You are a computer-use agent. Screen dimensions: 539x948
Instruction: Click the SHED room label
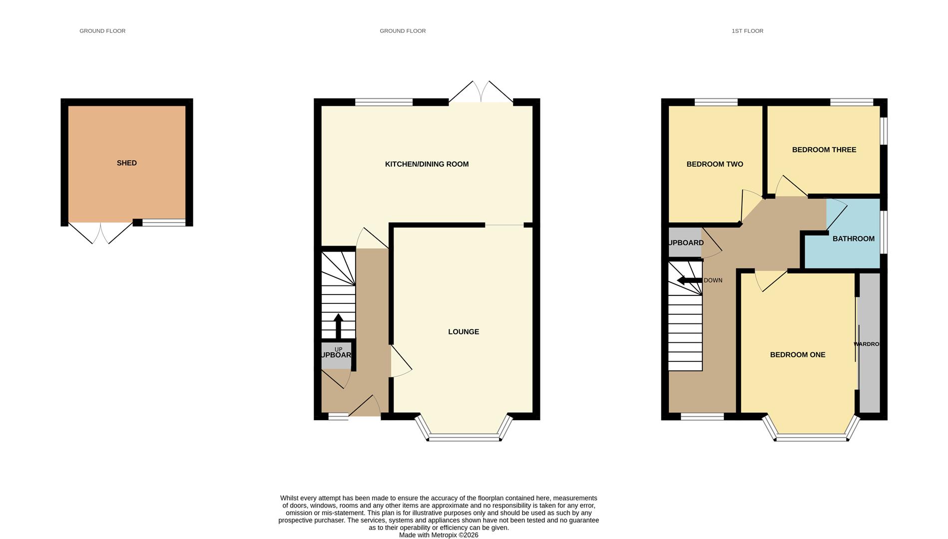126,163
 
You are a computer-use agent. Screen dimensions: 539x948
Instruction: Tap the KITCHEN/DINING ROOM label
427,164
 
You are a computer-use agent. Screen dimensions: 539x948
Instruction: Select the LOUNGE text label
464,332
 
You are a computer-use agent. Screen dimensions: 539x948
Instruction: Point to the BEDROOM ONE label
797,355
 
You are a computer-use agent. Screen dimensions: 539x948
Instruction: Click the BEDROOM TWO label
714,164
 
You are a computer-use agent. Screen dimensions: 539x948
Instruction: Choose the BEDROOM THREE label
824,150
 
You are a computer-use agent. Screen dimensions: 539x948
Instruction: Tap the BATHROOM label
853,239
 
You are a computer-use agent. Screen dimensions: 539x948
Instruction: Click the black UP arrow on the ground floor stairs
338,325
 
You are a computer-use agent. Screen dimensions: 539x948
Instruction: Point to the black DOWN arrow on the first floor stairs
689,280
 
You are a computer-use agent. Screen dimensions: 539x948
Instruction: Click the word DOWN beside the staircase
713,280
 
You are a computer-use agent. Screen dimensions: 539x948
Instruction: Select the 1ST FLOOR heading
747,31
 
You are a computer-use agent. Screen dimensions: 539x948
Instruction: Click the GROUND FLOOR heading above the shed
102,31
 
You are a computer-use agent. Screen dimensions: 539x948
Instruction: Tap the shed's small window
163,223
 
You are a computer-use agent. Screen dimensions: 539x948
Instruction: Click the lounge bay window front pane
464,439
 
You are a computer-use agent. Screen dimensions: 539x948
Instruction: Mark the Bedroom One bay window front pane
811,439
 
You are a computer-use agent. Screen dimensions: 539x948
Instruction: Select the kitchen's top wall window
384,102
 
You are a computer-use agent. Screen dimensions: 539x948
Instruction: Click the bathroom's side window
883,232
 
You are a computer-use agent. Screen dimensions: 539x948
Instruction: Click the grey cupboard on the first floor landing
685,243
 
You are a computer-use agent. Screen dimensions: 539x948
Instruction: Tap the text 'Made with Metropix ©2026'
438,535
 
